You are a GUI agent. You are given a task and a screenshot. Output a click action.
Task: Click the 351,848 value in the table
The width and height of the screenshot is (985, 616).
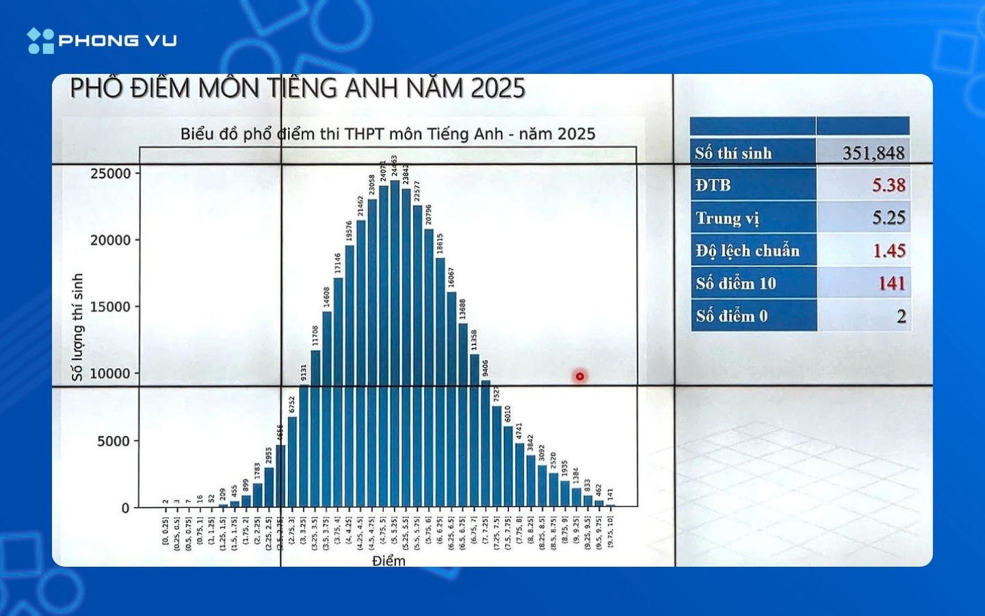pyautogui.click(x=873, y=153)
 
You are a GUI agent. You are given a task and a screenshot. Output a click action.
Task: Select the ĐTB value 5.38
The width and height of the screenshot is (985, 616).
pyautogui.click(x=888, y=185)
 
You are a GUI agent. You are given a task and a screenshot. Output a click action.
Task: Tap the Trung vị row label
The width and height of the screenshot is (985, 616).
pyautogui.click(x=727, y=218)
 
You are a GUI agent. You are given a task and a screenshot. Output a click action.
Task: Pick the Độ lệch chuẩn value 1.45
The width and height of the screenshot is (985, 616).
pyautogui.click(x=889, y=251)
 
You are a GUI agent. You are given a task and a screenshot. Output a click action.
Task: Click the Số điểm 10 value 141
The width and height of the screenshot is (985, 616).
pyautogui.click(x=891, y=283)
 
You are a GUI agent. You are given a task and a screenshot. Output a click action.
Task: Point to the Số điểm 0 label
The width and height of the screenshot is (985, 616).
pyautogui.click(x=731, y=316)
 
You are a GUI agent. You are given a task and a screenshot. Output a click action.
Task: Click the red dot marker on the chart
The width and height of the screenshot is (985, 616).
pyautogui.click(x=580, y=376)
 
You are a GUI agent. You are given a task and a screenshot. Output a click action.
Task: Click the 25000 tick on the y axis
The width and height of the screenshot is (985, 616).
pyautogui.click(x=110, y=174)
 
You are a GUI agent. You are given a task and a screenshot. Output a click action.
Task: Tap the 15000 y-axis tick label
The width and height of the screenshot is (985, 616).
pyautogui.click(x=110, y=307)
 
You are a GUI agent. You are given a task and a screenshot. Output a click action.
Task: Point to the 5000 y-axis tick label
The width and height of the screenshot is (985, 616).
pyautogui.click(x=113, y=441)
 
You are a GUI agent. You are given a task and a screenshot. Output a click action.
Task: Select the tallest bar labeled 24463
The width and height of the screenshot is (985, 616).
pyautogui.click(x=395, y=342)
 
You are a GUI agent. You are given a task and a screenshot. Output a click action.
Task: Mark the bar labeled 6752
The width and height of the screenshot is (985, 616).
pyautogui.click(x=292, y=462)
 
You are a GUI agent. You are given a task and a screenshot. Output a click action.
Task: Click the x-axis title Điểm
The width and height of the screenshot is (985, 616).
pyautogui.click(x=389, y=561)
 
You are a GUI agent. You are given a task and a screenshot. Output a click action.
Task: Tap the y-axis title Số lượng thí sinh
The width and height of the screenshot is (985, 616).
pyautogui.click(x=77, y=326)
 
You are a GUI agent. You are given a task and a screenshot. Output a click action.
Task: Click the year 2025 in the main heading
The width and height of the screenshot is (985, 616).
pyautogui.click(x=498, y=88)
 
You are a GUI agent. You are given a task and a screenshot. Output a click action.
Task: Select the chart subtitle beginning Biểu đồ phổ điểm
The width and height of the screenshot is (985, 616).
pyautogui.click(x=387, y=133)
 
